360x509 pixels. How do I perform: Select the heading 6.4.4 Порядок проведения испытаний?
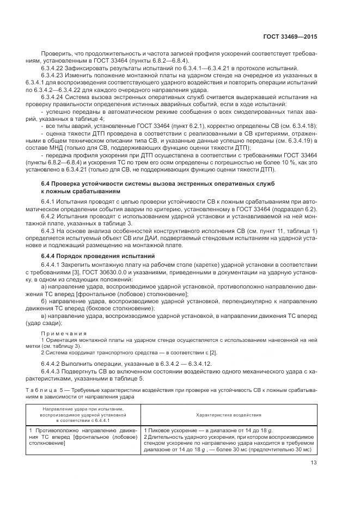pyautogui.click(x=98, y=256)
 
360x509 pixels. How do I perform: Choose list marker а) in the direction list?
pyautogui.click(x=44, y=286)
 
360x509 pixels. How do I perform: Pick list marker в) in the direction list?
pyautogui.click(x=44, y=315)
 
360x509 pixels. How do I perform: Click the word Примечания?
pyautogui.click(x=60, y=332)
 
